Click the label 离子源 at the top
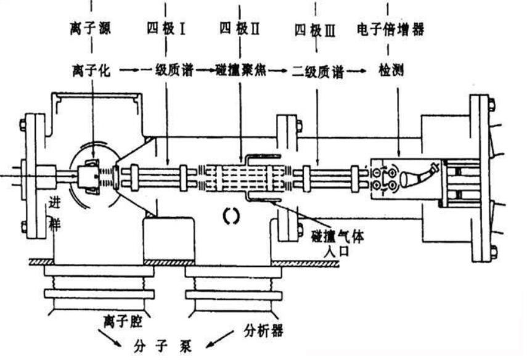coord(91,29)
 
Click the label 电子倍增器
coord(391,29)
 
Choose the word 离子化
coord(91,71)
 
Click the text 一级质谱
coord(170,71)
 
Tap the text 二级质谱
coord(316,71)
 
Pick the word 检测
coord(389,71)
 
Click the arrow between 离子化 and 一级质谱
coord(128,71)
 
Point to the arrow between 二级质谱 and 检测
coord(355,71)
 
